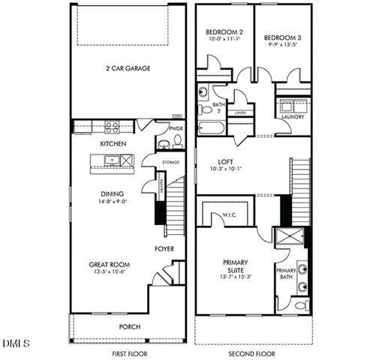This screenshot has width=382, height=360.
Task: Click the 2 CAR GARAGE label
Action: [x=128, y=68]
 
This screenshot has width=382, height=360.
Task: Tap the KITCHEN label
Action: [x=113, y=143]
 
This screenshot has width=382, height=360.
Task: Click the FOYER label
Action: [x=164, y=248]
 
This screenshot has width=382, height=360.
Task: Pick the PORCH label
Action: [x=130, y=327]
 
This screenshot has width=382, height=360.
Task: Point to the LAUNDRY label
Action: [x=292, y=117]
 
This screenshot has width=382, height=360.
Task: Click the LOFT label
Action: [x=226, y=161]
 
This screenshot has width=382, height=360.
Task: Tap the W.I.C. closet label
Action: [x=230, y=216]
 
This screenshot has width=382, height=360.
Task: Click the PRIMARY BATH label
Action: [x=286, y=273]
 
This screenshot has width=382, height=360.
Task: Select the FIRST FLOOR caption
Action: [x=129, y=353]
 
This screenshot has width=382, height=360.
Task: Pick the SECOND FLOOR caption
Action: [x=251, y=353]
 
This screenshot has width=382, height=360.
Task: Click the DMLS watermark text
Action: [x=15, y=343]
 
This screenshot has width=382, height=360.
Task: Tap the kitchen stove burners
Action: [x=113, y=127]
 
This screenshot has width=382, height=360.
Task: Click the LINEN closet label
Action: [x=240, y=112]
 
